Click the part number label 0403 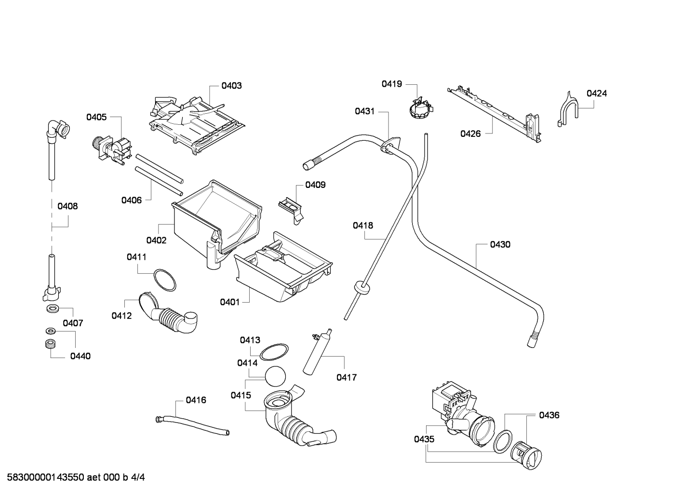[231, 86]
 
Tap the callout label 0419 [392, 84]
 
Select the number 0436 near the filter [549, 415]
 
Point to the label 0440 [80, 356]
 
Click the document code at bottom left [76, 478]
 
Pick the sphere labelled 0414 [275, 376]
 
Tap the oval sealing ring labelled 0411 [165, 280]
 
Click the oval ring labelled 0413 [274, 352]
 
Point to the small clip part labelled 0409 [291, 210]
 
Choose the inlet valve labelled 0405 [112, 150]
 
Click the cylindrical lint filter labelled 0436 [526, 454]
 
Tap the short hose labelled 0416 [192, 425]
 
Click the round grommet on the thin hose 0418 [361, 288]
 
